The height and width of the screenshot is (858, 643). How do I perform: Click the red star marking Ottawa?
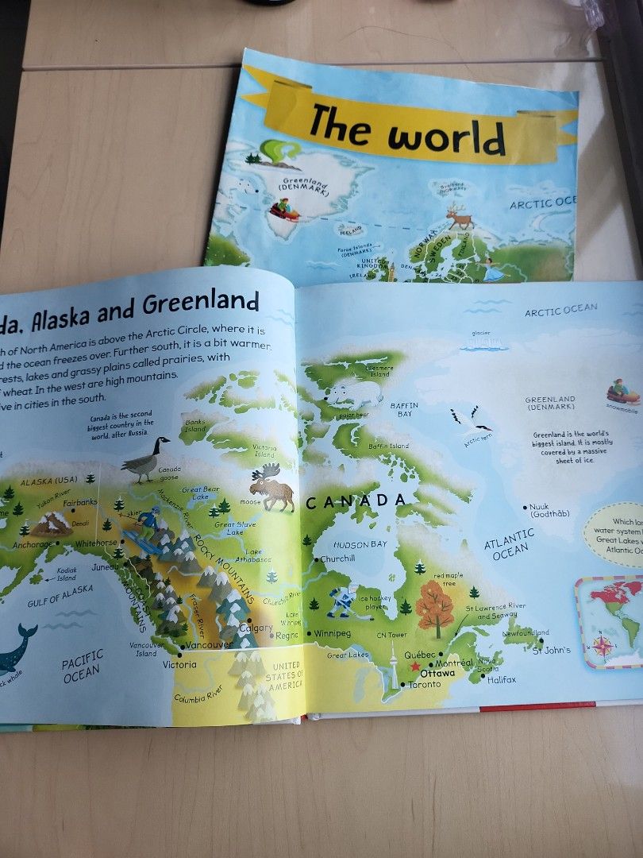click(414, 667)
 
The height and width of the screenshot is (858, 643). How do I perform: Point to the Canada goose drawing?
click(145, 459)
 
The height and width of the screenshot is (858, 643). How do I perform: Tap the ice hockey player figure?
click(343, 602)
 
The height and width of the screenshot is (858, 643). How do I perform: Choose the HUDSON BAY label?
click(360, 545)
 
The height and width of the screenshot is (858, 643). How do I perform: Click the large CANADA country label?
click(356, 500)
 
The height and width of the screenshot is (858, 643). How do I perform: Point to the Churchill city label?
click(338, 558)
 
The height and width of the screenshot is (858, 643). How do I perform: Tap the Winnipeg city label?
click(332, 633)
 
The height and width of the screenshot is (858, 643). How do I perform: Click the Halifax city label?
click(502, 680)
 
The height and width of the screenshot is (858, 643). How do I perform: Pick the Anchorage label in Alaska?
click(32, 544)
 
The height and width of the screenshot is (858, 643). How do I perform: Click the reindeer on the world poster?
click(458, 216)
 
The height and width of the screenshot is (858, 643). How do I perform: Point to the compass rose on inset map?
click(603, 646)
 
